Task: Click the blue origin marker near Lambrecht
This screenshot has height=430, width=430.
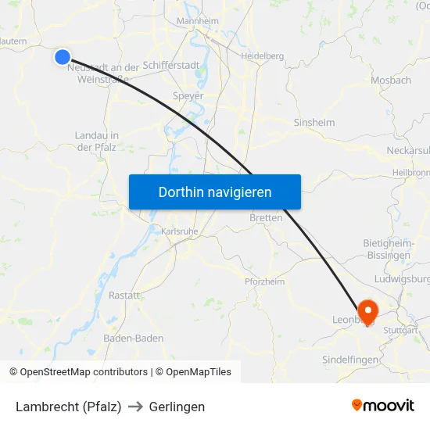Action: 63,56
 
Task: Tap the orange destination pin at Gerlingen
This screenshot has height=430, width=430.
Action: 367,310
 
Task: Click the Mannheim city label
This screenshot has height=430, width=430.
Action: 198,20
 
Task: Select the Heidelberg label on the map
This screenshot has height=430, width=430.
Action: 262,56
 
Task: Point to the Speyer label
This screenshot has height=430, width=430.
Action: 188,96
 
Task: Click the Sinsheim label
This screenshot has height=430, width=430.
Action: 314,123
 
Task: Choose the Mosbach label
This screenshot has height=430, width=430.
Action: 391,80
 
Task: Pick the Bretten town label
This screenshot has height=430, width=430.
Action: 266,218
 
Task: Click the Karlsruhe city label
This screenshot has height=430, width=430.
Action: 180,231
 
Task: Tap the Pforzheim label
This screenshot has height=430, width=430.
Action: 264,281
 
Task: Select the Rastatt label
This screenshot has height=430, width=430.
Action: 124,296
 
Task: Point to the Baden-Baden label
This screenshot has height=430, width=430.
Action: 134,339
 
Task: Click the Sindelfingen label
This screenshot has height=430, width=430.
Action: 351,360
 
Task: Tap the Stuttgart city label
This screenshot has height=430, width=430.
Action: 401,330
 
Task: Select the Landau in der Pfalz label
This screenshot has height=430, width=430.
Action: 96,141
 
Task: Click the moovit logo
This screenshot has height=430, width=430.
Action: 383,405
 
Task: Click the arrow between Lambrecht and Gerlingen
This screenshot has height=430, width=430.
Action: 135,407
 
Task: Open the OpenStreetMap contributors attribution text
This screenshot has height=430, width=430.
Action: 84,372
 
